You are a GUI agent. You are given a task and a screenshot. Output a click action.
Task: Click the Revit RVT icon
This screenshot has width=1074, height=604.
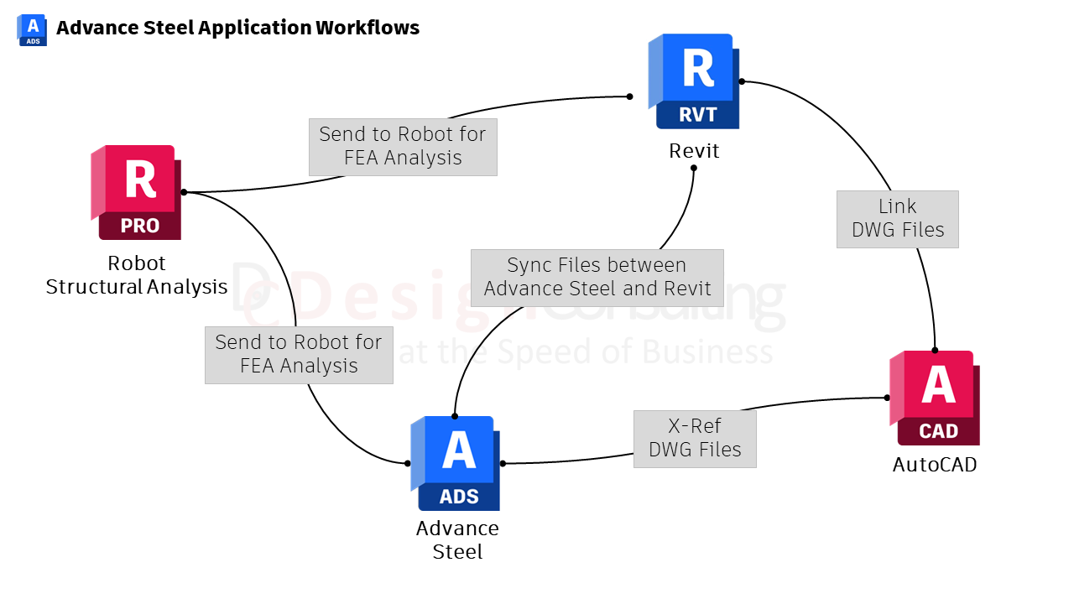tap(695, 81)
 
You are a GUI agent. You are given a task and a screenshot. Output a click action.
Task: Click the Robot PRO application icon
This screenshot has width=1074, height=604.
tap(137, 193)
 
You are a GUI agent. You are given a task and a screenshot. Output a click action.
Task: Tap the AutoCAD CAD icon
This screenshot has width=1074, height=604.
tap(936, 398)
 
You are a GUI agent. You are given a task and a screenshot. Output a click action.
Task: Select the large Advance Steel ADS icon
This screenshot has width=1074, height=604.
tap(456, 463)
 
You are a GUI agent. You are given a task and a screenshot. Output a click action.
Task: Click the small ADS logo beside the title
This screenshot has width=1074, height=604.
tap(32, 29)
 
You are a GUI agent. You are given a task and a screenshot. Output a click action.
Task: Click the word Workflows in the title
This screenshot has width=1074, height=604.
tap(367, 28)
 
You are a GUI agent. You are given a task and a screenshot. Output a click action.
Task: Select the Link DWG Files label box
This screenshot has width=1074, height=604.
tap(897, 219)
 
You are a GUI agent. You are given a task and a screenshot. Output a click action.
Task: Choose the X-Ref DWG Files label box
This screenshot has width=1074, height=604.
tap(695, 439)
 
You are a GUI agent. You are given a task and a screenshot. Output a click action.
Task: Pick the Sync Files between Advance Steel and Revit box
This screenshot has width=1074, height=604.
tap(597, 278)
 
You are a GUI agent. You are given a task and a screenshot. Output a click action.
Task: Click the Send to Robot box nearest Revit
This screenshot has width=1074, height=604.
tap(403, 147)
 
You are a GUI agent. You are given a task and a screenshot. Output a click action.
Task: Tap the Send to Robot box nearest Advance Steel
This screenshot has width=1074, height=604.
tap(299, 355)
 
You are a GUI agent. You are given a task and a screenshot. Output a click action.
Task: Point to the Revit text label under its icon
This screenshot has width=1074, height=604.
tap(694, 151)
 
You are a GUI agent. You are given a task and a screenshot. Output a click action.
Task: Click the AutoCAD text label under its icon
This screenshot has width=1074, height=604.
tap(935, 465)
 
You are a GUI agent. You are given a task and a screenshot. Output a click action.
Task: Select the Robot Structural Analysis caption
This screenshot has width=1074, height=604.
tap(137, 275)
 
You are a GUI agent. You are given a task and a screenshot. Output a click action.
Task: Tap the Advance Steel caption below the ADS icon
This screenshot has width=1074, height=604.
tap(457, 540)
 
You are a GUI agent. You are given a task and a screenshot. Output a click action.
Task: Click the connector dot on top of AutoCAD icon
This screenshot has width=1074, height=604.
tap(935, 351)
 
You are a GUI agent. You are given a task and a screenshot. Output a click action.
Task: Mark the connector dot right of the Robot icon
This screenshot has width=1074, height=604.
tap(184, 192)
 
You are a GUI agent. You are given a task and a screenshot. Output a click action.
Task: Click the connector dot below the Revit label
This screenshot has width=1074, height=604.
tap(694, 168)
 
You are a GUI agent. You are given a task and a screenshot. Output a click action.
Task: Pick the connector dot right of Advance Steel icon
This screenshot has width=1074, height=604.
tap(503, 463)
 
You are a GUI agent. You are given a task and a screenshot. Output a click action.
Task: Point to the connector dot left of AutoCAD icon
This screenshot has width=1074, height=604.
tap(887, 398)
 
